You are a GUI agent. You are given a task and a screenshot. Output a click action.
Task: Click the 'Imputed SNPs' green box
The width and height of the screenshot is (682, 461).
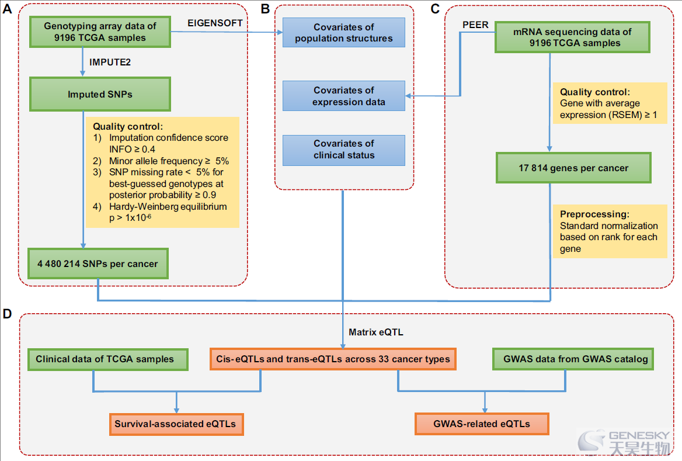(100, 94)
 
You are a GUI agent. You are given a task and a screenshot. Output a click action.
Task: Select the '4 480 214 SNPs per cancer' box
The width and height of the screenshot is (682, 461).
(98, 264)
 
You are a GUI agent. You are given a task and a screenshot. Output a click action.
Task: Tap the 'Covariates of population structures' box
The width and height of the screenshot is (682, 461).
(343, 33)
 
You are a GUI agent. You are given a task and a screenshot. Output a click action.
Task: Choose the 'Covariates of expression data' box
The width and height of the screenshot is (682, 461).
(343, 96)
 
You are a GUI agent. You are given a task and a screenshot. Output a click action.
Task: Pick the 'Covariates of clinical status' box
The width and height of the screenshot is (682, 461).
(343, 150)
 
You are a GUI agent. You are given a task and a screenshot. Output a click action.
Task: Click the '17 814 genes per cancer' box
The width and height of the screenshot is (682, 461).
(573, 168)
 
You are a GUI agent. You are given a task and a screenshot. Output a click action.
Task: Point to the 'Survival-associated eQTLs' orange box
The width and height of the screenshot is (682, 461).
(176, 424)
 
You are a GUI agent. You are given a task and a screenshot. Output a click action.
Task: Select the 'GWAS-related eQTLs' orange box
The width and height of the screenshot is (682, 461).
(482, 424)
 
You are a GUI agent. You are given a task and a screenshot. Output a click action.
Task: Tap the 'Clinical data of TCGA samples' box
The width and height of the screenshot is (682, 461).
(108, 359)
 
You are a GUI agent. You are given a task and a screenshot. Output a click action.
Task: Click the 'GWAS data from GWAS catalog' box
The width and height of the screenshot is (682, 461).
(573, 359)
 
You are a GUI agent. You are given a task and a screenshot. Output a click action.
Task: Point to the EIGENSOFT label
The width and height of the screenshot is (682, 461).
(215, 23)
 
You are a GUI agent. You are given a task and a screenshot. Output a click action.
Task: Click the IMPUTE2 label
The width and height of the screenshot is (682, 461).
(110, 63)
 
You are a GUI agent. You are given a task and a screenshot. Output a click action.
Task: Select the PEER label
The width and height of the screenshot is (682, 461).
(475, 25)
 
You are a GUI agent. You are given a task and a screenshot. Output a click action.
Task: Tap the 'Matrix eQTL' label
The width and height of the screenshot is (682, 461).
(376, 332)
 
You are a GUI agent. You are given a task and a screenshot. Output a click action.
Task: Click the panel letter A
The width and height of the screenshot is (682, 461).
(8, 9)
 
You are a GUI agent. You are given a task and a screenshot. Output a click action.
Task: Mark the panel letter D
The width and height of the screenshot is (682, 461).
(8, 314)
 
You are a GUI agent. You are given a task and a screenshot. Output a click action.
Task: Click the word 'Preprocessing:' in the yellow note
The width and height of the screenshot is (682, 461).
(594, 214)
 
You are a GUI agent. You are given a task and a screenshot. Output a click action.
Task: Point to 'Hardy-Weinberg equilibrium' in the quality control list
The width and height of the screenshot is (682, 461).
(168, 206)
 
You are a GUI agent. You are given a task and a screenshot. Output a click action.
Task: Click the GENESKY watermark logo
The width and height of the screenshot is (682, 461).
(624, 442)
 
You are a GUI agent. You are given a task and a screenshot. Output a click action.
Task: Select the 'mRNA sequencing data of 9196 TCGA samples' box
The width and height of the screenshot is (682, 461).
(572, 37)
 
